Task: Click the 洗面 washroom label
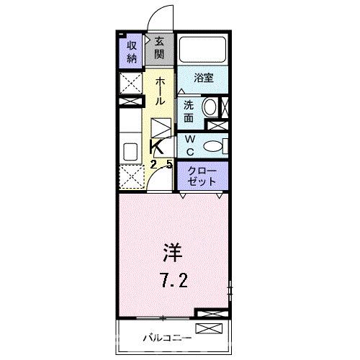[x=188, y=110]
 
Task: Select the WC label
[x=188, y=145]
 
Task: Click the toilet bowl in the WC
[x=214, y=145]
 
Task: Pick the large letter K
[x=157, y=147]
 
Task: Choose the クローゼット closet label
[x=202, y=176]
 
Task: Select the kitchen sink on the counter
[x=130, y=152]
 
